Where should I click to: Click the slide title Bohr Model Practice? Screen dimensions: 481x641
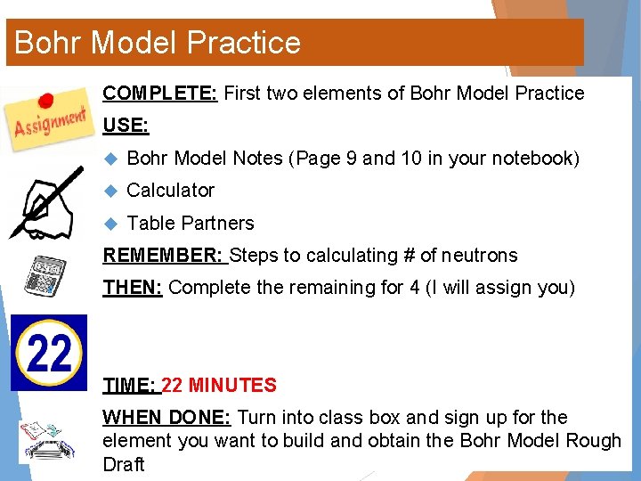coord(158,43)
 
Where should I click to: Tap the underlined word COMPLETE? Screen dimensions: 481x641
coord(160,94)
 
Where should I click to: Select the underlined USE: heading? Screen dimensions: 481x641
coord(126,126)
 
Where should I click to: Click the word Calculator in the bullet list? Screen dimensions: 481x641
coord(171,191)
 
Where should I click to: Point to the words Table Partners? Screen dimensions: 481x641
coord(191,224)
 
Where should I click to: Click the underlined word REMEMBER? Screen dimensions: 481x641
coord(164,256)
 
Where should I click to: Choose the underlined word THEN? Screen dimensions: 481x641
coord(133,288)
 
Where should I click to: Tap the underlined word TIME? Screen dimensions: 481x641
coord(130,386)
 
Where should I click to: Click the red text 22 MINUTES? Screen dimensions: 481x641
coord(219,386)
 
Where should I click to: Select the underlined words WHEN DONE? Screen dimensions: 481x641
coord(167,418)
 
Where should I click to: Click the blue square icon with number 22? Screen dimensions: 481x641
coord(49,353)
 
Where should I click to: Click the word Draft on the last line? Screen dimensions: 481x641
coord(124,464)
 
